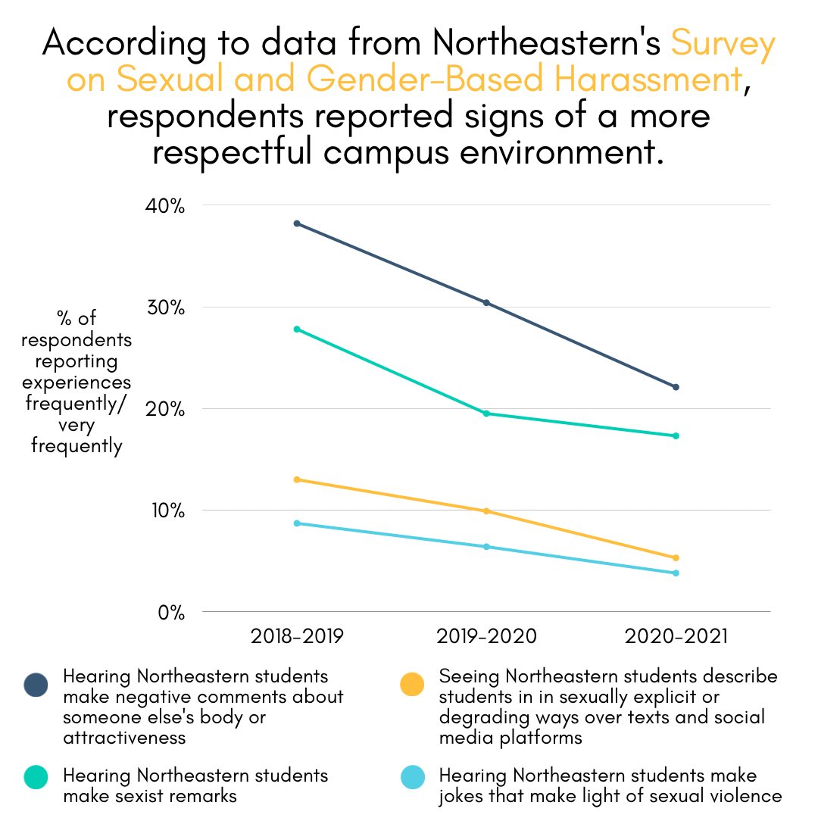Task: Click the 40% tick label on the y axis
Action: click(x=164, y=206)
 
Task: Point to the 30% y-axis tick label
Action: click(x=164, y=308)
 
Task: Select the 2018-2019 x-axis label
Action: click(x=297, y=636)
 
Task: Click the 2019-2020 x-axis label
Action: click(x=486, y=636)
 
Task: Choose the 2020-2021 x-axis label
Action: click(x=676, y=636)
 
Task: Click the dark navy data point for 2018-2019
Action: click(x=297, y=223)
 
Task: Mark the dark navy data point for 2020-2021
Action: click(x=676, y=387)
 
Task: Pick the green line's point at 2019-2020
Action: click(x=486, y=414)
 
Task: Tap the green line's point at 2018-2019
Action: click(x=297, y=329)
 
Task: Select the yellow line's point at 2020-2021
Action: click(x=676, y=558)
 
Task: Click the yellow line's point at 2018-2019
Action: click(x=297, y=479)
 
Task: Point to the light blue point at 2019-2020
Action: click(x=486, y=547)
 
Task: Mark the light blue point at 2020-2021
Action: click(x=676, y=573)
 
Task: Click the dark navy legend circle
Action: click(x=36, y=685)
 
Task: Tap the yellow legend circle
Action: click(x=411, y=685)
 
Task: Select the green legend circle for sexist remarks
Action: click(x=36, y=777)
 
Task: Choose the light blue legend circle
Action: click(x=411, y=777)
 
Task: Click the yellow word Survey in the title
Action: click(x=723, y=45)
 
